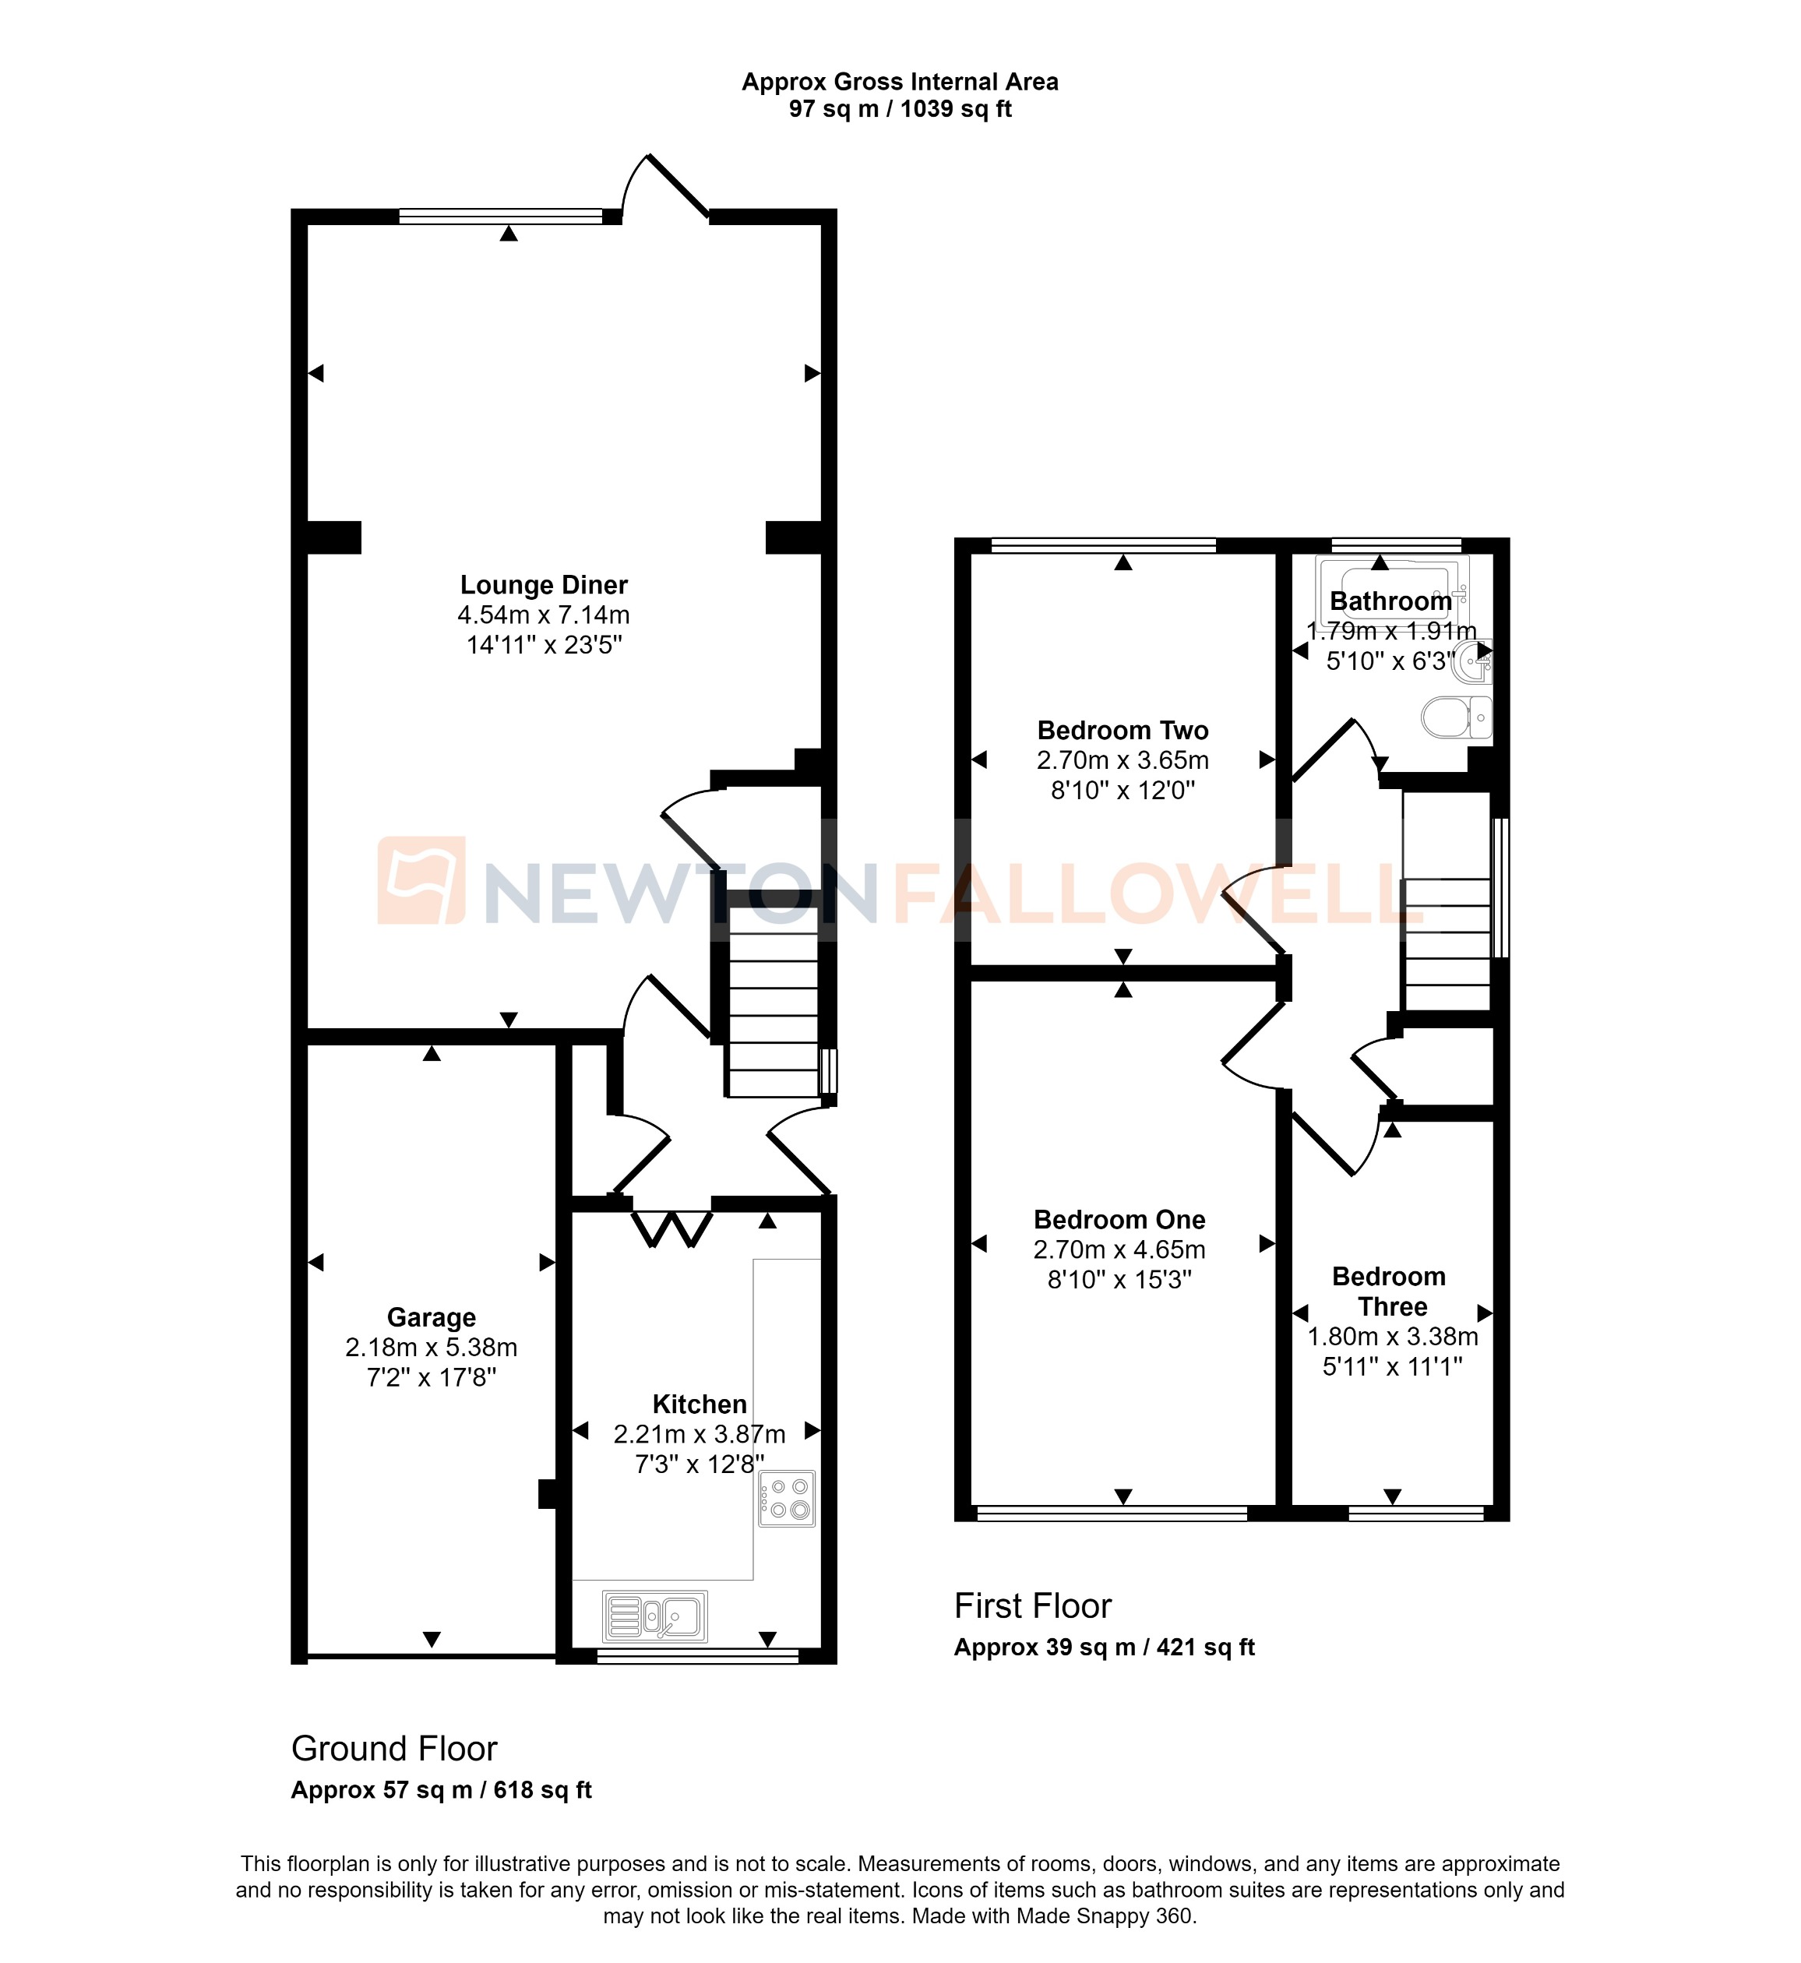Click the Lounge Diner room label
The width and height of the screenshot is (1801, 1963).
coord(544,585)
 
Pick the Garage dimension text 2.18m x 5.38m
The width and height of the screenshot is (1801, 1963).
coord(431,1347)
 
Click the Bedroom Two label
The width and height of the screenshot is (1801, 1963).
coord(1123,730)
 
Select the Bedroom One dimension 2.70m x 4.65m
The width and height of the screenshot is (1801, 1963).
coord(1119,1249)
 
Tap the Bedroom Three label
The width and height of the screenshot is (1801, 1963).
coord(1390,1292)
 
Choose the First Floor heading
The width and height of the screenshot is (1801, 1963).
coord(1032,1605)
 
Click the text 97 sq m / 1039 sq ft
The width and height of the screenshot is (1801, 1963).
coord(900,109)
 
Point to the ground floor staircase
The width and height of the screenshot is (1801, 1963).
coord(772,1013)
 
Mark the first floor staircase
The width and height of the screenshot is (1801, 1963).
coord(1447,943)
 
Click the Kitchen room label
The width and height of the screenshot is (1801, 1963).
coord(699,1404)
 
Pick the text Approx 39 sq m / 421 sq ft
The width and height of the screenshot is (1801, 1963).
coord(1103,1648)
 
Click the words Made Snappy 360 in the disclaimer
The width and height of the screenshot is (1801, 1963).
coord(1104,1916)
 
